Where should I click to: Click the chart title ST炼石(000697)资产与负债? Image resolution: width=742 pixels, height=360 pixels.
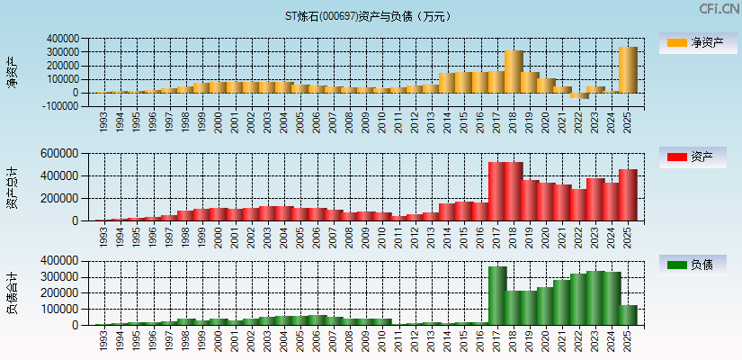click(x=369, y=16)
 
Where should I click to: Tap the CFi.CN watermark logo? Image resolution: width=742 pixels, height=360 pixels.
click(x=720, y=9)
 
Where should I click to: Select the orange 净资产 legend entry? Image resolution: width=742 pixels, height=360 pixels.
click(x=695, y=43)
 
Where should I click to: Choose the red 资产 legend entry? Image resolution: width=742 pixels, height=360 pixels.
click(x=695, y=157)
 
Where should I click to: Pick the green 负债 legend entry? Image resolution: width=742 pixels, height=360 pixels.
click(x=695, y=265)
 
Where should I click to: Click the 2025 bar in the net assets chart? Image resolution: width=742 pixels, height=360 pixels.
click(x=628, y=70)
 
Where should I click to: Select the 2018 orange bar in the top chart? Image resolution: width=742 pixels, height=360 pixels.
click(x=514, y=72)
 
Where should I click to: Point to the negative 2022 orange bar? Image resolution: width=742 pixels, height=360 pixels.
click(x=578, y=96)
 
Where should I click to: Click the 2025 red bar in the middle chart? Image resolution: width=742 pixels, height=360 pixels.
click(x=628, y=194)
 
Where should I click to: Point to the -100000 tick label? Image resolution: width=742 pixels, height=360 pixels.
click(x=59, y=106)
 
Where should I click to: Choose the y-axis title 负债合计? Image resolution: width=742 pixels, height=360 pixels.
click(x=13, y=293)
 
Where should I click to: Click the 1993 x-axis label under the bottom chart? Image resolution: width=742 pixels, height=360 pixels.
click(x=103, y=341)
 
